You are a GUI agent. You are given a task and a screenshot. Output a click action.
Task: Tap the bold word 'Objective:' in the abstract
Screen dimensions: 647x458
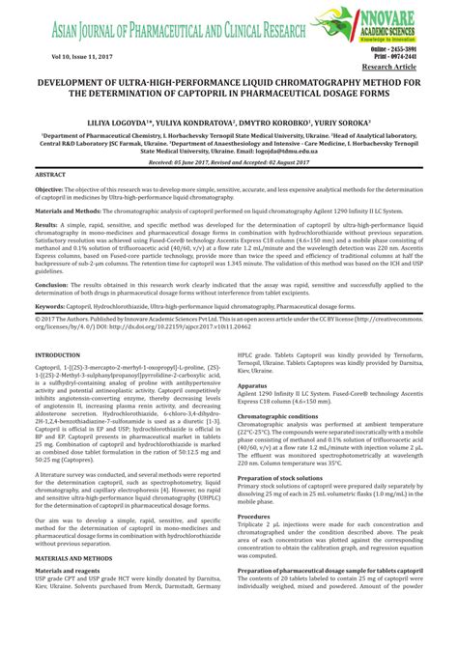[x=51, y=191]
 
